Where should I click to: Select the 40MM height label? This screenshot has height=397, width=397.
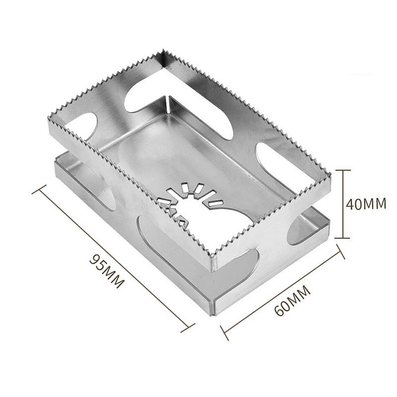(366, 204)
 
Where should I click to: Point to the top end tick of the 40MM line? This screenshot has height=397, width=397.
(343, 170)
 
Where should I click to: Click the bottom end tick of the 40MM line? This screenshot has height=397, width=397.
(343, 238)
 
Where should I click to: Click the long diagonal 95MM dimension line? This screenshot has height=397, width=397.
(113, 257)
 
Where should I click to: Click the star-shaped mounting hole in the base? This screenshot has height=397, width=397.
(186, 202)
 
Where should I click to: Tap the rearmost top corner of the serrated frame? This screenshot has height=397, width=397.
(163, 52)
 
